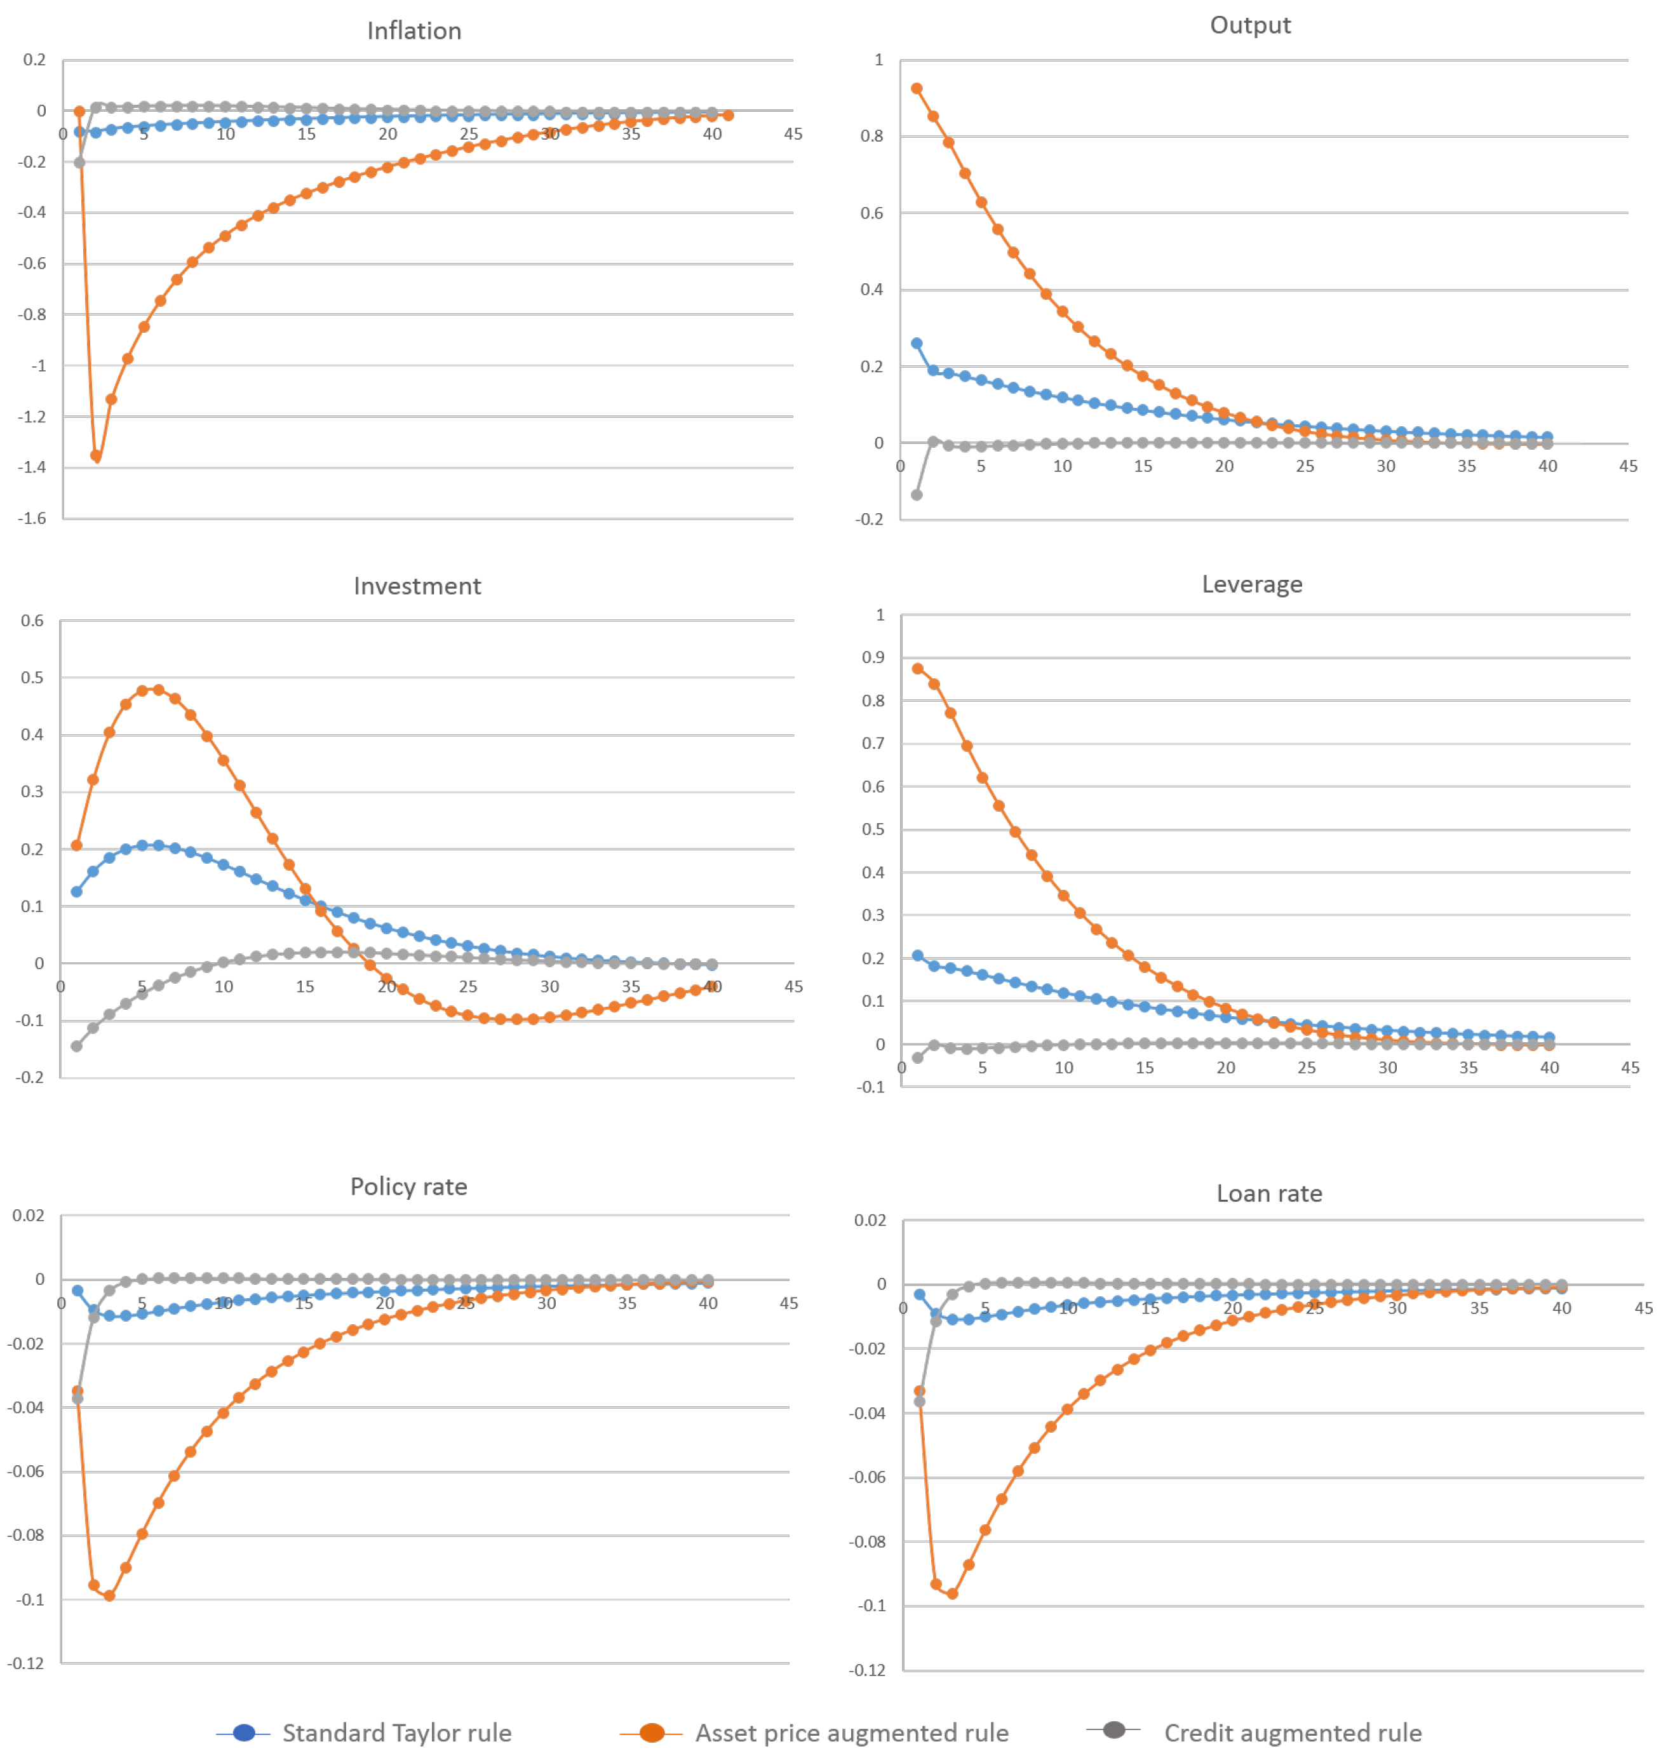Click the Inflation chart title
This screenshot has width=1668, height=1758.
(414, 31)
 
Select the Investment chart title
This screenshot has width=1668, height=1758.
(417, 586)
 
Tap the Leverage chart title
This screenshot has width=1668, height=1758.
(1251, 584)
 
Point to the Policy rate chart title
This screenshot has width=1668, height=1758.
(408, 1186)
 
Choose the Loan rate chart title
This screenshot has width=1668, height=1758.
(1268, 1193)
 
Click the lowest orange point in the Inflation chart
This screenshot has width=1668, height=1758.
(96, 456)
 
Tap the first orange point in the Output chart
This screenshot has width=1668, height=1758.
(916, 89)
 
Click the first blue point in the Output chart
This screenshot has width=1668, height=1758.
(916, 343)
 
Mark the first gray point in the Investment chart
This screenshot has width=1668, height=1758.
(76, 1046)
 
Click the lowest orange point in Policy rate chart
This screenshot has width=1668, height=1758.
(109, 1596)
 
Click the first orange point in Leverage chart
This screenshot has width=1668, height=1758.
(918, 669)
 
